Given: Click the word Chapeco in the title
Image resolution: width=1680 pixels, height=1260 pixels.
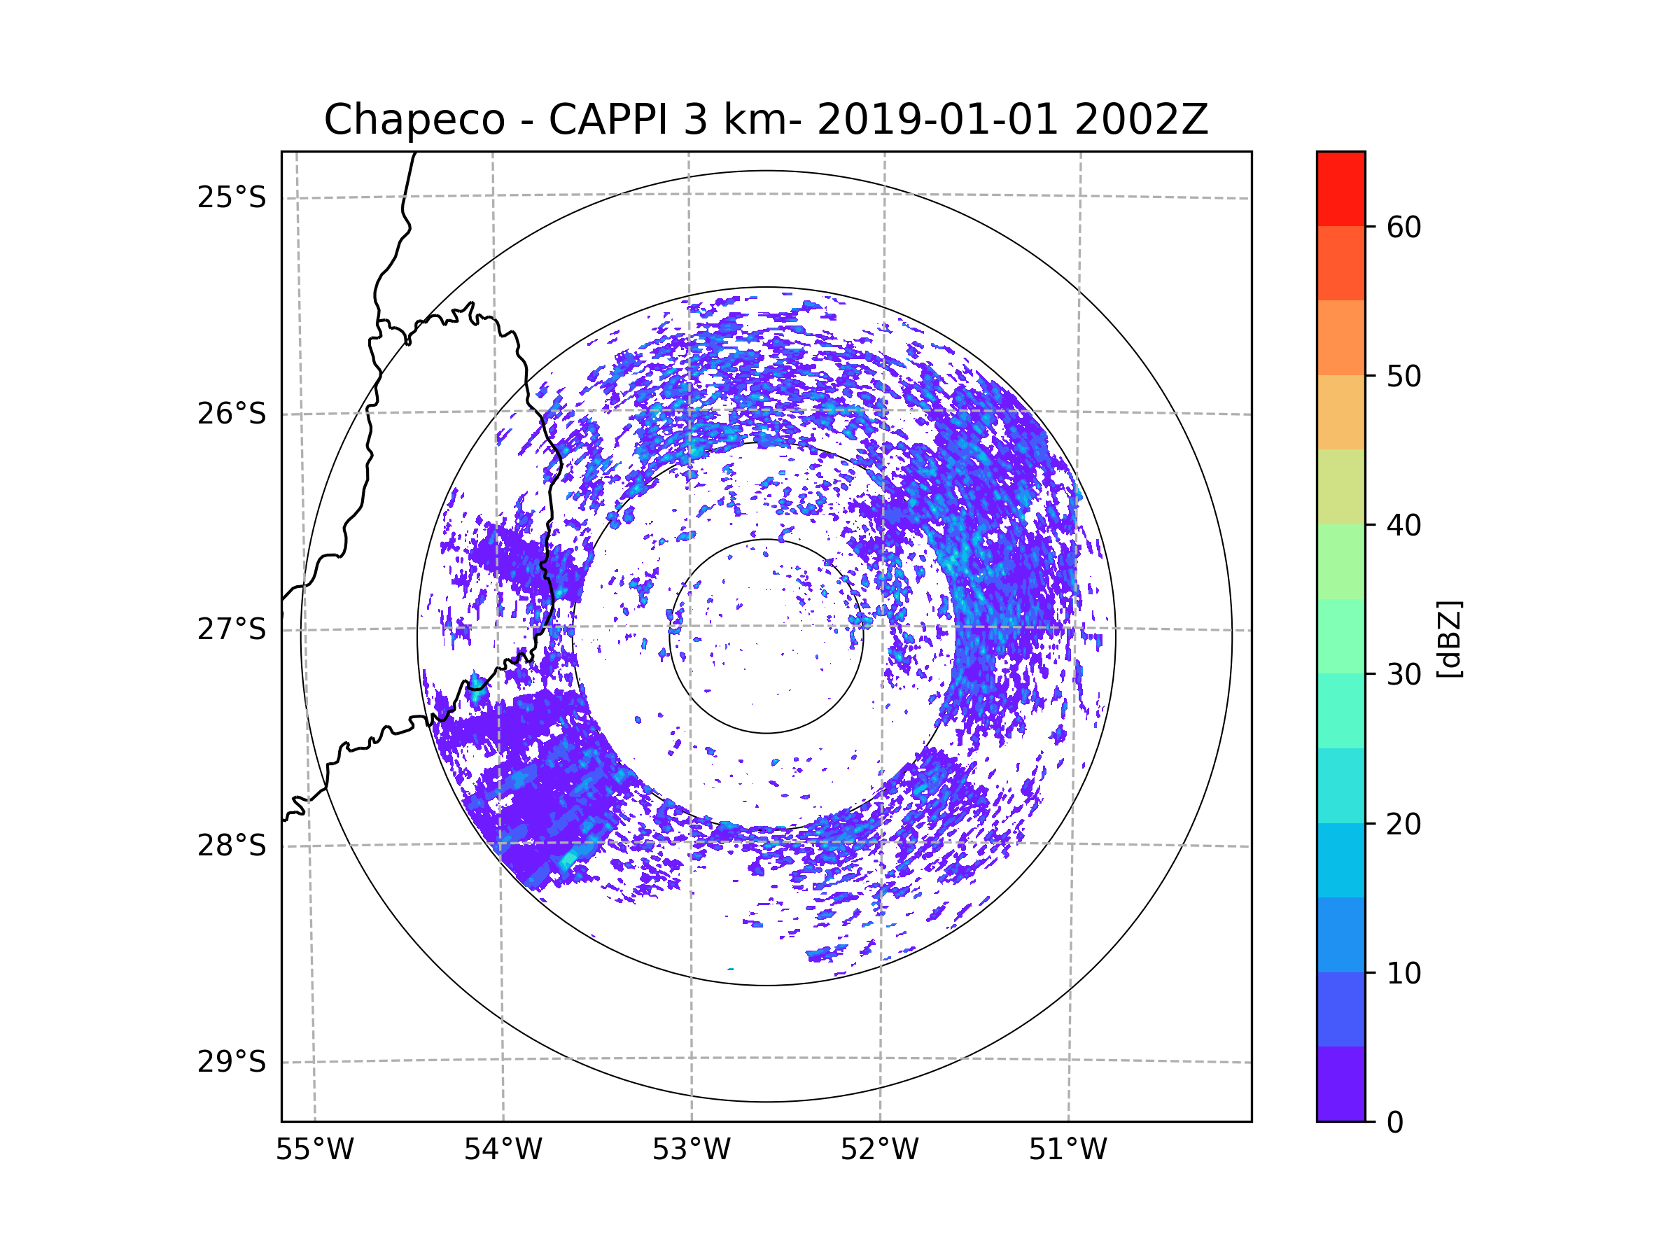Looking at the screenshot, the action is (414, 120).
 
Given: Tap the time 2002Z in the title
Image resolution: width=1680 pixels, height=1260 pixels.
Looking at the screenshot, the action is (1141, 120).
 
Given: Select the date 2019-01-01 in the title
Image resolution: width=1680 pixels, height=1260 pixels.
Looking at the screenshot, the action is (937, 120).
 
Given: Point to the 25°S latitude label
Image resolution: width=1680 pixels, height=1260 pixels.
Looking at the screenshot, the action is (232, 197).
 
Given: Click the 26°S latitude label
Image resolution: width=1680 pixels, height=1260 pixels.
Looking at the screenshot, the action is (232, 414).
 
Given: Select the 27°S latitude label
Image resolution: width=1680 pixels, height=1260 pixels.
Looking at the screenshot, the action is (232, 629).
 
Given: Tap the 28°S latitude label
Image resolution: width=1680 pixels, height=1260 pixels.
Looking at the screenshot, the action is (232, 846).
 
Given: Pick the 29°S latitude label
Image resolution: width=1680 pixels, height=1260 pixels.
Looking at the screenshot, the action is (232, 1062).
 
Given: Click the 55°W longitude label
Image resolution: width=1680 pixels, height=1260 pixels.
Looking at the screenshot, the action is (314, 1150).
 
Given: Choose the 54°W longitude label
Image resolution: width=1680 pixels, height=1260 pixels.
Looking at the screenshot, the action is (503, 1150).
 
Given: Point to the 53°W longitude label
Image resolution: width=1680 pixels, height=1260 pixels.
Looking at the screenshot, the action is (691, 1150).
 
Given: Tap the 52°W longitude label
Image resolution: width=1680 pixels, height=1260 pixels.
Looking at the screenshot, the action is (879, 1150).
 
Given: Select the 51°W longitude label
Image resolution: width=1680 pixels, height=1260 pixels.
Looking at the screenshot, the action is (1067, 1150).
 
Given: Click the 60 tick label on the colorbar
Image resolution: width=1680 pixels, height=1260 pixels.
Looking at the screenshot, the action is (1403, 227).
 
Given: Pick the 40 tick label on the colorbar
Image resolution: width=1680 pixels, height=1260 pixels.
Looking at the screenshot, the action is (1403, 526).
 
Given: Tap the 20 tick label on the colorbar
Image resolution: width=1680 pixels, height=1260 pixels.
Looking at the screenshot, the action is (1403, 824).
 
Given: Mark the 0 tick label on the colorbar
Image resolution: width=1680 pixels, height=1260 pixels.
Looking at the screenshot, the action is (1395, 1123).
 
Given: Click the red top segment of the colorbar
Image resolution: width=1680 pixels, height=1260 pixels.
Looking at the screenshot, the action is (1340, 188).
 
